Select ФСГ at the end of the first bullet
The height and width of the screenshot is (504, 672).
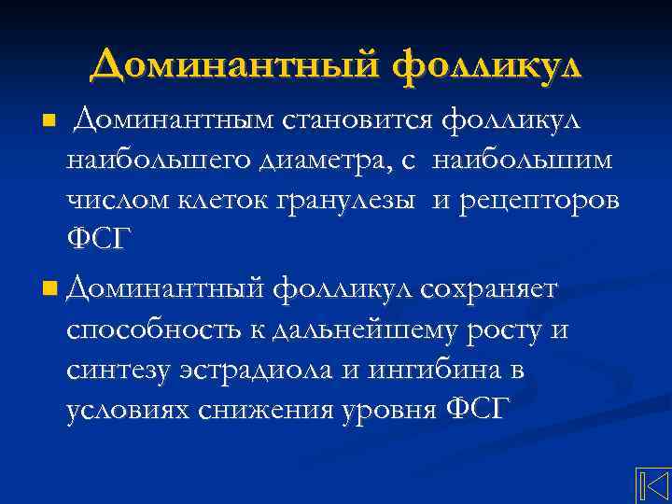pyautogui.click(x=94, y=240)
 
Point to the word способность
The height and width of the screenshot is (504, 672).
pyautogui.click(x=149, y=330)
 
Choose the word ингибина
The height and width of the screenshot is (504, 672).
pyautogui.click(x=438, y=371)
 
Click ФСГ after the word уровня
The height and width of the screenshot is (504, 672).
pyautogui.click(x=474, y=411)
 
